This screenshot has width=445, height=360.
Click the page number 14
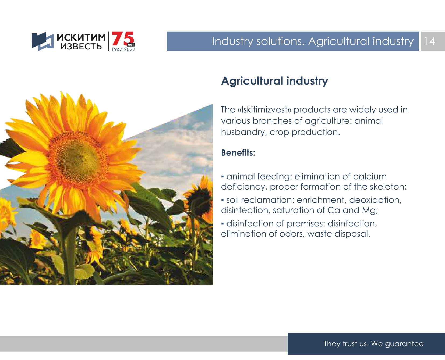(429, 41)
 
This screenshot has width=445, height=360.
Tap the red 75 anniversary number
(123, 39)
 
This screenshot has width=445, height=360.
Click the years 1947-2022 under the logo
(123, 49)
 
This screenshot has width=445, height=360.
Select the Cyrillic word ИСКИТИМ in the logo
(81, 37)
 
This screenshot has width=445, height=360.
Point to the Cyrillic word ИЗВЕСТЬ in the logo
(81, 47)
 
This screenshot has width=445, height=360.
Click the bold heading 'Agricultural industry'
(274, 81)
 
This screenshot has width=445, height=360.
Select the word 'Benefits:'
(238, 153)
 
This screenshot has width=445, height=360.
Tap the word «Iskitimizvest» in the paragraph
(264, 110)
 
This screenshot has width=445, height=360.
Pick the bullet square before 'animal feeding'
(222, 177)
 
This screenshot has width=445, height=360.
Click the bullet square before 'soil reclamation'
(222, 200)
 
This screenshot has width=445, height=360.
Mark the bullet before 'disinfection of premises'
(222, 224)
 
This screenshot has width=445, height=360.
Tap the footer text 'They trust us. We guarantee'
(373, 344)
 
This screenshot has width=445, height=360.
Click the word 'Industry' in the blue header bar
(232, 41)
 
